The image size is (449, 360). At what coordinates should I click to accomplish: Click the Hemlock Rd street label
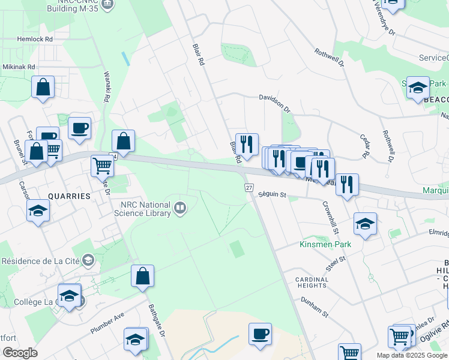(36, 38)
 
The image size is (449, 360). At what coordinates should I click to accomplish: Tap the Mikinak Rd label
(19, 67)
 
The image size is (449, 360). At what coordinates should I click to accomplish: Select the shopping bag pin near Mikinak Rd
(43, 88)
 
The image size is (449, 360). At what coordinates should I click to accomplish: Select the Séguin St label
(273, 194)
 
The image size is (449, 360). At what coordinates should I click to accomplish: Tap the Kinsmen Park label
(325, 244)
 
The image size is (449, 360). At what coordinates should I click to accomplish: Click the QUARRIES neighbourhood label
(69, 196)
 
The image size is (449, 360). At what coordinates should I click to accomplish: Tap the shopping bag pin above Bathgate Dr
(143, 277)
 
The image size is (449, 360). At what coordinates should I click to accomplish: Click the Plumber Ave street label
(107, 323)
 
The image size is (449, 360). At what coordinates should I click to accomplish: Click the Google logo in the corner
(20, 352)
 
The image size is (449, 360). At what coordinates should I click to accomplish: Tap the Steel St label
(336, 262)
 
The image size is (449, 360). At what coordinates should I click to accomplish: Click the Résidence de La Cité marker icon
(88, 260)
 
